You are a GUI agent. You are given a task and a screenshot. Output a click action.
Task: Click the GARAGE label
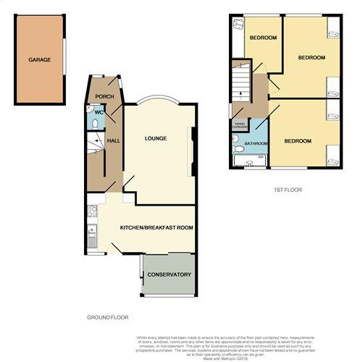[x=40, y=59]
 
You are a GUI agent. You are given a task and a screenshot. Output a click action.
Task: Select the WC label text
[x=99, y=112]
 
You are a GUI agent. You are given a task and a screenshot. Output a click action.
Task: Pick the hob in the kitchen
[x=91, y=211]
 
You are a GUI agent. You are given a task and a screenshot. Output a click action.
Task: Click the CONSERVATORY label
[x=169, y=275]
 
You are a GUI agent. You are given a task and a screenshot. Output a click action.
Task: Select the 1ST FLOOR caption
[x=287, y=190]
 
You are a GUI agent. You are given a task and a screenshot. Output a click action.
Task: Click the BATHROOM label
[x=256, y=144]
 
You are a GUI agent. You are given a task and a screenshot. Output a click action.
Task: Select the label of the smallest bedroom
[x=264, y=38]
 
